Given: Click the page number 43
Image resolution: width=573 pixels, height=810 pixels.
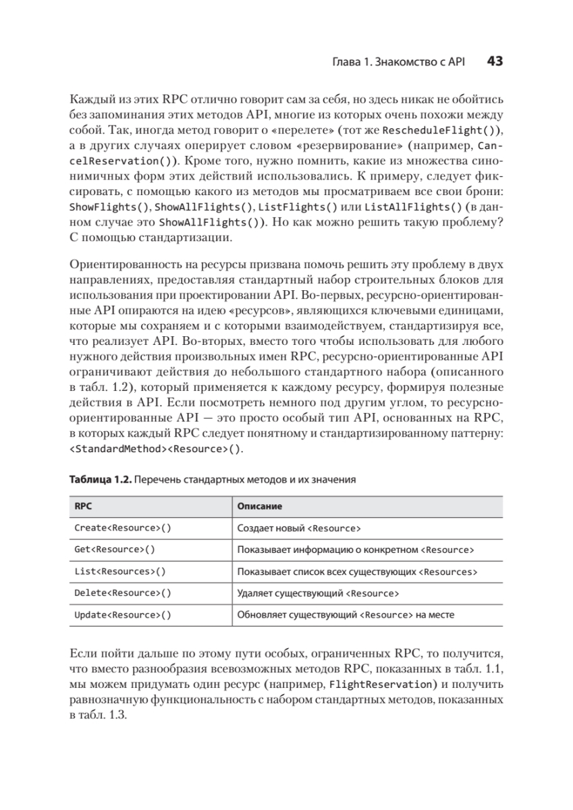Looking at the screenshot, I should (494, 61).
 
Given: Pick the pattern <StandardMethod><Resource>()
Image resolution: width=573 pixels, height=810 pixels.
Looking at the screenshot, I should (155, 449).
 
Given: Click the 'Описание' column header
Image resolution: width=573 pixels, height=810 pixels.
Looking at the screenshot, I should (260, 506).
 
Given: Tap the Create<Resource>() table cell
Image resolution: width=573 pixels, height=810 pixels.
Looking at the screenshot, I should (122, 528).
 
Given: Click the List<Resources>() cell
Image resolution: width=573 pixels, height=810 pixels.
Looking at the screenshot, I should (119, 572).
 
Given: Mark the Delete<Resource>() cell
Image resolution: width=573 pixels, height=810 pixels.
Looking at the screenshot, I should (122, 593).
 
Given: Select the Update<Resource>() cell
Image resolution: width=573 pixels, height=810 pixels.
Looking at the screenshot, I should (122, 615).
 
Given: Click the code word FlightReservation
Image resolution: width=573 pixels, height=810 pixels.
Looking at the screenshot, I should (373, 684).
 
